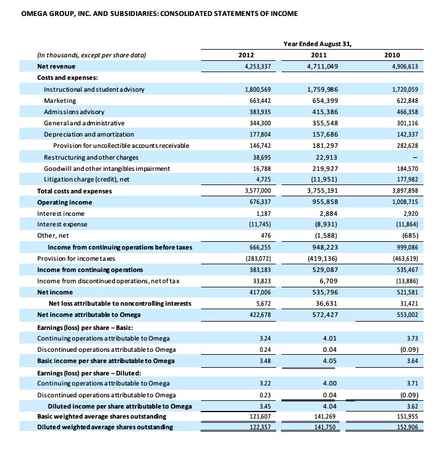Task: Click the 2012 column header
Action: [x=245, y=56]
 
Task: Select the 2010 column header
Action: [x=392, y=56]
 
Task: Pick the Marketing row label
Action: [x=60, y=101]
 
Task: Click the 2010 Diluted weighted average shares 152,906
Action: [x=408, y=427]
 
